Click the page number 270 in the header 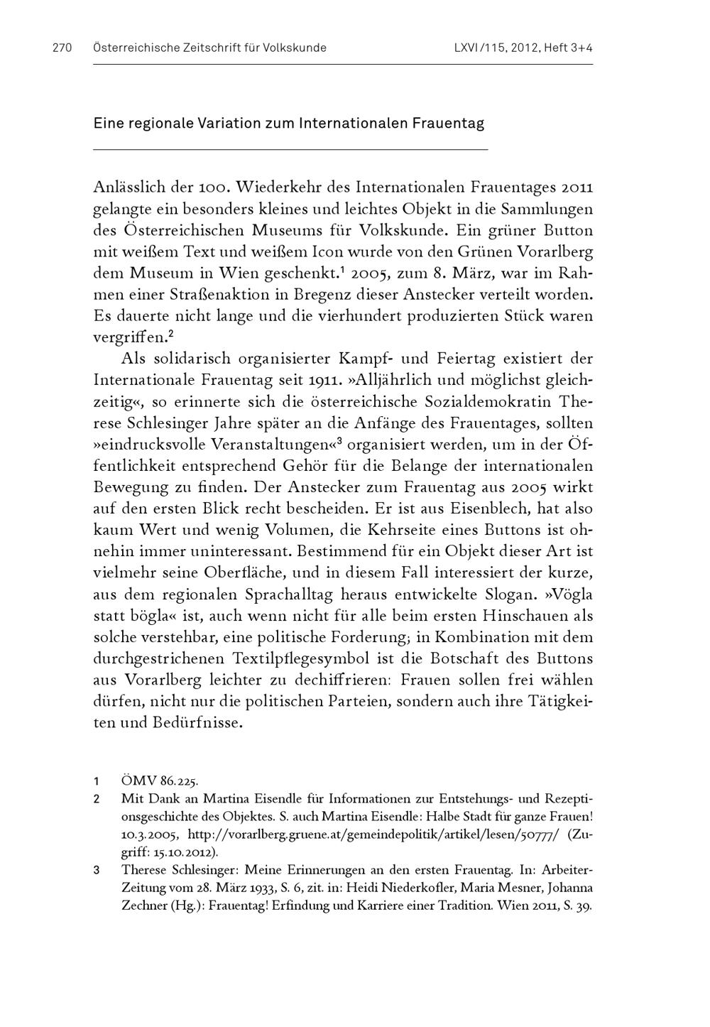click(62, 48)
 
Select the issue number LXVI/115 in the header click(481, 48)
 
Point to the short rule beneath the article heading click(290, 149)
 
